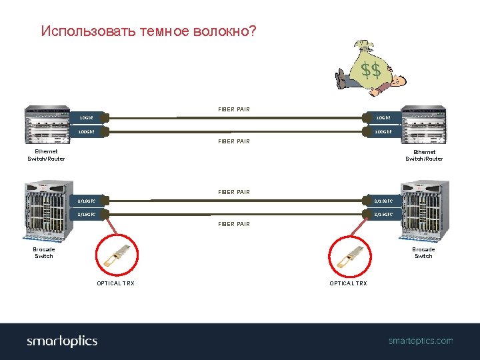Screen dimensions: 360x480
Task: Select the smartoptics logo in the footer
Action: click(x=62, y=341)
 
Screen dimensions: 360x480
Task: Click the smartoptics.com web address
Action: click(x=421, y=341)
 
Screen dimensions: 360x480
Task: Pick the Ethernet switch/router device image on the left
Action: click(x=47, y=125)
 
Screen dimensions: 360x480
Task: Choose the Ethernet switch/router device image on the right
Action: click(x=425, y=125)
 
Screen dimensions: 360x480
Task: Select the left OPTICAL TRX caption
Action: click(x=115, y=283)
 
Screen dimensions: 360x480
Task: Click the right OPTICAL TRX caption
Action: click(x=348, y=283)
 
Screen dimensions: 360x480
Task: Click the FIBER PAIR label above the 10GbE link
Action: click(x=234, y=109)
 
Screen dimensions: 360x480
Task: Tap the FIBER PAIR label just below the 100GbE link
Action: click(x=234, y=141)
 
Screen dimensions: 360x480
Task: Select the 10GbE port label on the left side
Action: click(x=87, y=118)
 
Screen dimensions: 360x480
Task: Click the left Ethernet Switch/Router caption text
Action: click(x=46, y=155)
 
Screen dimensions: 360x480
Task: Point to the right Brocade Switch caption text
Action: click(x=423, y=253)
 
